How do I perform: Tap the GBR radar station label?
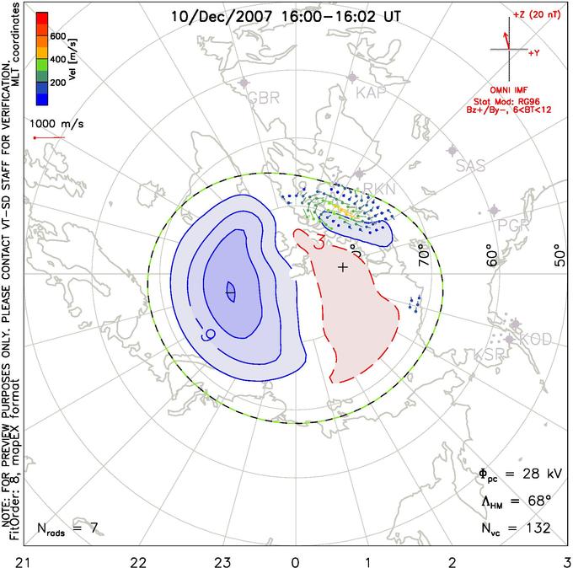(x=263, y=97)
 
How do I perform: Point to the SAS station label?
(x=472, y=165)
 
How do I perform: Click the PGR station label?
(x=513, y=225)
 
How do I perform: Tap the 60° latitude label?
(x=496, y=257)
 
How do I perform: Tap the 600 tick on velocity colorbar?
(x=58, y=36)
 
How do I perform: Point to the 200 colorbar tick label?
(x=58, y=83)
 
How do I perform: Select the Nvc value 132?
(x=535, y=528)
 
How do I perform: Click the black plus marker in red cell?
(x=342, y=267)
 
